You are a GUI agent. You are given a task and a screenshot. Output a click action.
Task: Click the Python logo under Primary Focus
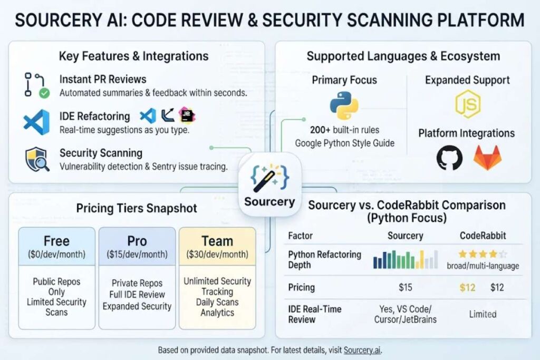[x=344, y=105]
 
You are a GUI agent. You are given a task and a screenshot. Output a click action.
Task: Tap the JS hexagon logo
[x=467, y=104]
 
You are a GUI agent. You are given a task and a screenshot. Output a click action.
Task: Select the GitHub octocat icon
[x=449, y=158]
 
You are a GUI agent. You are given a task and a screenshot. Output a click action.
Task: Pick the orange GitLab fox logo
[x=487, y=158]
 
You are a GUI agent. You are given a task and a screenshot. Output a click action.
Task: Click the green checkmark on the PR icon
[x=44, y=93]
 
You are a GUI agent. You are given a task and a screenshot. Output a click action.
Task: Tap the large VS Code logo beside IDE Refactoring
[x=36, y=122]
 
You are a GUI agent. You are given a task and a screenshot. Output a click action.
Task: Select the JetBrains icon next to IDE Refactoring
[x=187, y=115]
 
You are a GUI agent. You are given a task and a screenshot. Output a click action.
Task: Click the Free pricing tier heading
[x=56, y=241]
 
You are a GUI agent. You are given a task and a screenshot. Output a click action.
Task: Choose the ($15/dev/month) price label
[x=137, y=255]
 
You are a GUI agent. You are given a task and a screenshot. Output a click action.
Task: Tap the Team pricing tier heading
[x=217, y=241]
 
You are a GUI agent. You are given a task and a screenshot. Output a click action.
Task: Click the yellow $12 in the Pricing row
[x=467, y=287]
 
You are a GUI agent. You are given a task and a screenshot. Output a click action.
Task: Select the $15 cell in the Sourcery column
[x=406, y=287]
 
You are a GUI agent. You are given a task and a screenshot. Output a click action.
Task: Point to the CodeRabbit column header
[x=483, y=236]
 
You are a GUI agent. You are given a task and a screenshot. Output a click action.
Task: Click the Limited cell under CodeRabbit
[x=483, y=314]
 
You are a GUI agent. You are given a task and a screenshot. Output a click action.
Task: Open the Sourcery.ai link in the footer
[x=362, y=351]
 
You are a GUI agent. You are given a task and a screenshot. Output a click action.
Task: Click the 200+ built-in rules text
[x=344, y=130]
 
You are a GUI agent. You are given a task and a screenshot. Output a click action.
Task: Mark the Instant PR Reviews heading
[x=103, y=79]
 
